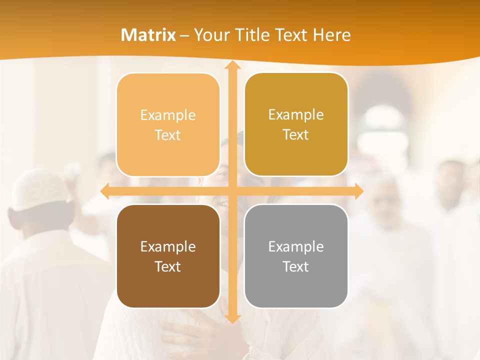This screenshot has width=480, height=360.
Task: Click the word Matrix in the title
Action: click(148, 35)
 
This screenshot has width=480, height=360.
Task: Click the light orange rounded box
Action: click(168, 125)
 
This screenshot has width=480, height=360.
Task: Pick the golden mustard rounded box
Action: click(296, 125)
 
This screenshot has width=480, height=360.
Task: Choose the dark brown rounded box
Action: click(168, 256)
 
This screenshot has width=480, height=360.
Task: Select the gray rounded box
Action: click(296, 256)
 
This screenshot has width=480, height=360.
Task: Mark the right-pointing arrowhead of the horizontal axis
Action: click(358, 191)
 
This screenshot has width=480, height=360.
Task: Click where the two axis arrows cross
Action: click(232, 191)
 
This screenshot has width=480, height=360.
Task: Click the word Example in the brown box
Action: click(168, 246)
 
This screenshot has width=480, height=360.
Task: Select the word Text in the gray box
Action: click(296, 266)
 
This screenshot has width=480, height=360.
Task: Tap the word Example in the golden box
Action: click(296, 115)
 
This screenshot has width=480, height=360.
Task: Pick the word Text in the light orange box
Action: click(168, 135)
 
